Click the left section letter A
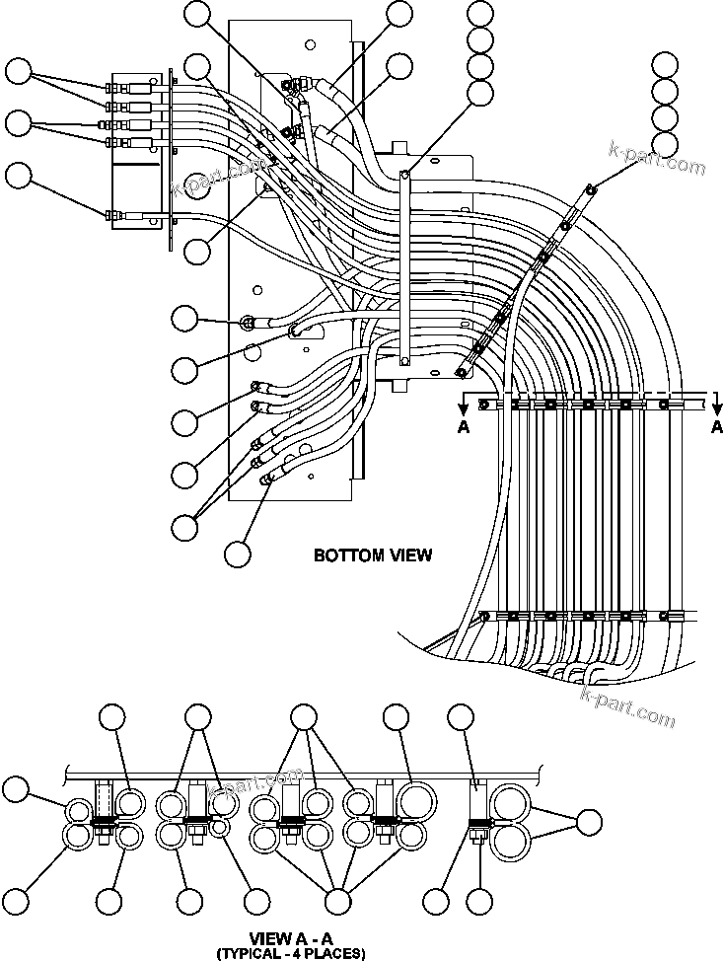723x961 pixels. point(464,427)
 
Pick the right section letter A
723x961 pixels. point(717,427)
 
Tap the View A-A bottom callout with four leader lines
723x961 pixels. point(338,900)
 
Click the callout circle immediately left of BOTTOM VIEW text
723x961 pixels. point(237,554)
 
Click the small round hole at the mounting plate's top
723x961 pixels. point(311,43)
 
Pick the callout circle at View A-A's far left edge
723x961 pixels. point(15,788)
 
